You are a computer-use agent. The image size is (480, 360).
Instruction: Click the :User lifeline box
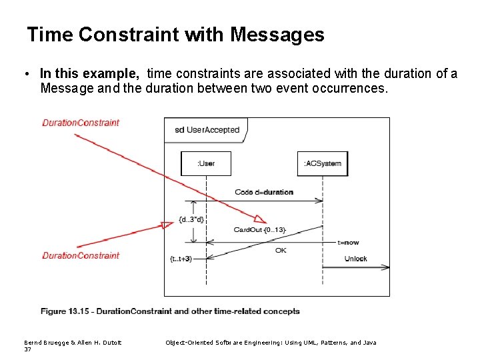[x=206, y=164]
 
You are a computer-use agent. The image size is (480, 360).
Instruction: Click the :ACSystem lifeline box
[x=323, y=164]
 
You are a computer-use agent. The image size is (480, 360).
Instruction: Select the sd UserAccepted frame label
[x=207, y=130]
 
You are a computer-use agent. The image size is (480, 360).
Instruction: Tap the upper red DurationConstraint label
[x=81, y=123]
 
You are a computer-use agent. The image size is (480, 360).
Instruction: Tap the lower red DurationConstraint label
[x=81, y=255]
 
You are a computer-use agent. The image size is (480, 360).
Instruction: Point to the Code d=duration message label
[x=264, y=192]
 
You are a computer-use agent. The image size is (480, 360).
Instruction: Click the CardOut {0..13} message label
[x=259, y=230]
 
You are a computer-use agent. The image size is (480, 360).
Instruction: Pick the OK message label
[x=281, y=251]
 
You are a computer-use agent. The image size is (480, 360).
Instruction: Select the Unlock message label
[x=355, y=259]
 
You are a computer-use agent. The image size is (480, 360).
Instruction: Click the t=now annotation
[x=348, y=243]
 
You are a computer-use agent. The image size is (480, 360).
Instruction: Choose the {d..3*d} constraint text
[x=191, y=219]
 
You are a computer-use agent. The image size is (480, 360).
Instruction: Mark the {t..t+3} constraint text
[x=181, y=259]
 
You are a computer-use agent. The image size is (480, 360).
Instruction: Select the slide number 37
[x=27, y=349]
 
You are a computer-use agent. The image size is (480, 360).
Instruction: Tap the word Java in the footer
[x=369, y=343]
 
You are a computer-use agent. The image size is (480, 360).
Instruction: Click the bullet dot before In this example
[x=31, y=74]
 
